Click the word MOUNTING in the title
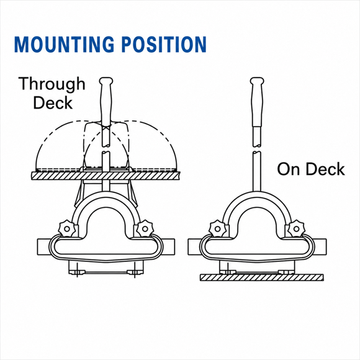[64, 44]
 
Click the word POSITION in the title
[164, 44]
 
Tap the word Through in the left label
[52, 84]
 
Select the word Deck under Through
[53, 102]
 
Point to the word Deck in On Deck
[325, 169]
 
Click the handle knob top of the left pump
[106, 81]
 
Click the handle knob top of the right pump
[257, 81]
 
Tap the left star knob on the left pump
[66, 228]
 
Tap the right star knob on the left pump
[145, 228]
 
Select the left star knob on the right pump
[217, 228]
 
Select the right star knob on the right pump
[296, 228]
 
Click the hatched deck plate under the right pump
[262, 277]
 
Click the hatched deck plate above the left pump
[106, 176]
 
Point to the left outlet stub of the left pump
[43, 247]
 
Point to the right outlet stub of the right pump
[320, 247]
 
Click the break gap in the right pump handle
[257, 149]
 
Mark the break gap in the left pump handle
[106, 149]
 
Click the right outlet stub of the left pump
[169, 247]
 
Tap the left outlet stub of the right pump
[194, 247]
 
